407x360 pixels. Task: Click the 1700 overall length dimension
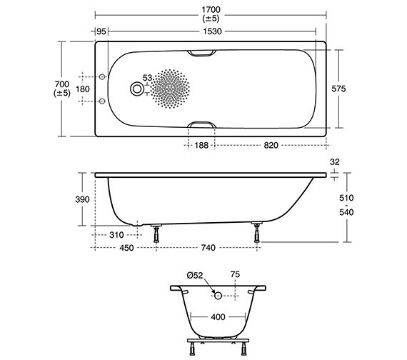point(211,9)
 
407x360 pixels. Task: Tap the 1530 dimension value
point(212,31)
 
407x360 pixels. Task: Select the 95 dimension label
point(101,31)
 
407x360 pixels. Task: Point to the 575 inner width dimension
point(339,89)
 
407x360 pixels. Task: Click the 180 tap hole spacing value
point(83,89)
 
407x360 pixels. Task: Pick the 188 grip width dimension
point(201,145)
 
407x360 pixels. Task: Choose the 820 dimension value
point(271,145)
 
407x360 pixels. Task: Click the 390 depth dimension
point(82,199)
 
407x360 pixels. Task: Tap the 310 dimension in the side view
point(117,235)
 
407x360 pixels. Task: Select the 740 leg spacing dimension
point(208,248)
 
